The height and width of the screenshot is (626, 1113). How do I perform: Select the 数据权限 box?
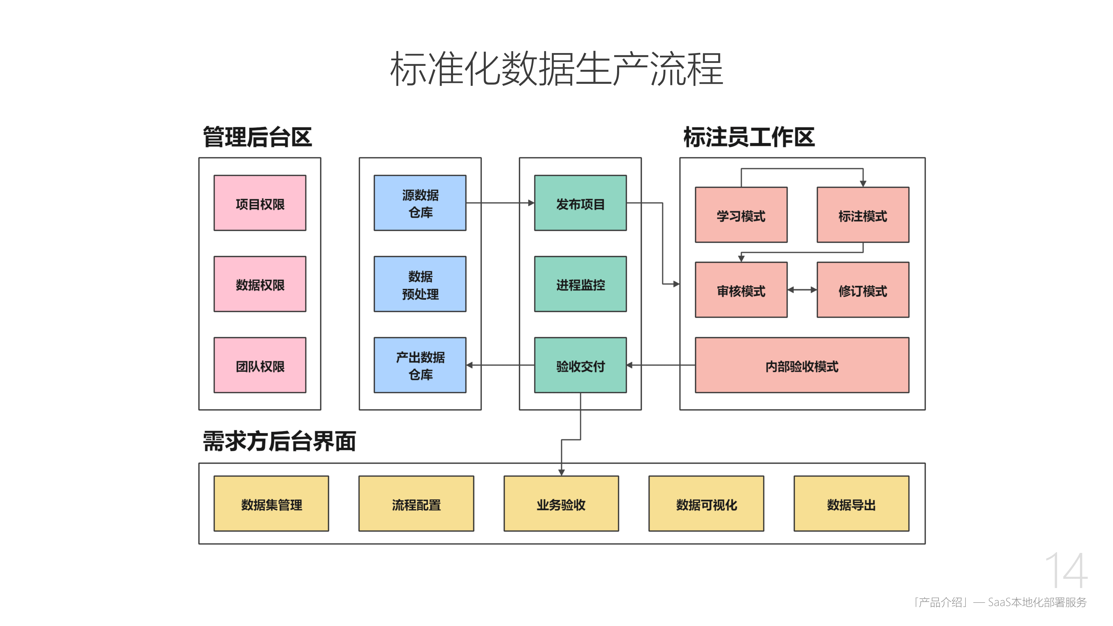click(x=260, y=284)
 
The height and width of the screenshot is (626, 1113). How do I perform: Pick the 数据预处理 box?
click(x=420, y=284)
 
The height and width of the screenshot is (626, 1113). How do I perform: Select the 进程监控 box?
click(x=580, y=284)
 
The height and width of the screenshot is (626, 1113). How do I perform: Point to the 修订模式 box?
click(x=863, y=290)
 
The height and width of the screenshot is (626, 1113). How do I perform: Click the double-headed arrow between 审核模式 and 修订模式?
click(x=802, y=290)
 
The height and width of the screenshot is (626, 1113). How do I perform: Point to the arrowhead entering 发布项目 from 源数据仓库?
click(x=531, y=203)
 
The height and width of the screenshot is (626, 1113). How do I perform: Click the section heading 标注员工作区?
click(x=749, y=137)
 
